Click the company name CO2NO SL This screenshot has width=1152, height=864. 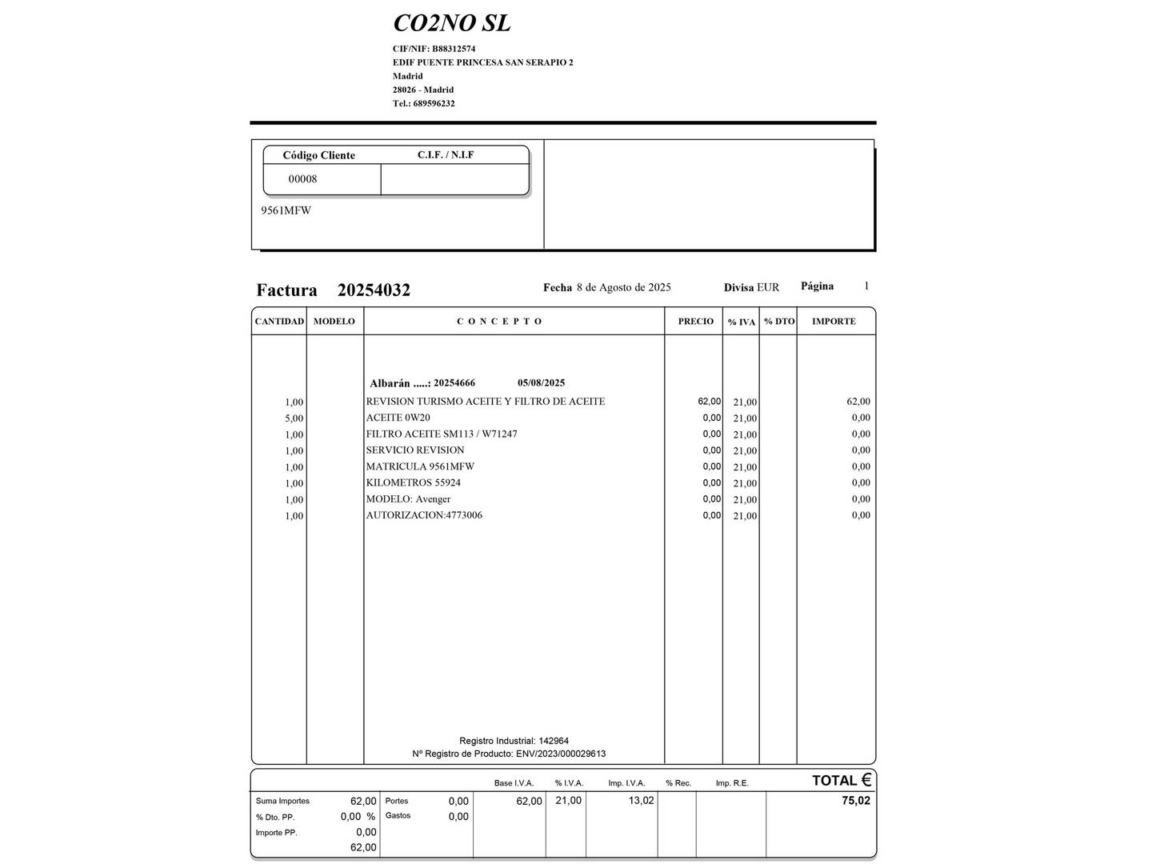[x=451, y=24]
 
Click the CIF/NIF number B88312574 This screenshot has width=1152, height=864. [x=454, y=49]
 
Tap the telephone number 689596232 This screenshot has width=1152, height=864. [x=434, y=103]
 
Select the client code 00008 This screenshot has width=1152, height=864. [x=302, y=179]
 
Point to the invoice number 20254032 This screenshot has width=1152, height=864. [x=374, y=290]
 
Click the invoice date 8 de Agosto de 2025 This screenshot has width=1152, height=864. [x=623, y=287]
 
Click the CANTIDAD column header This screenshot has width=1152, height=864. [x=279, y=322]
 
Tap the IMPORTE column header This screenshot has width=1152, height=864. [x=834, y=322]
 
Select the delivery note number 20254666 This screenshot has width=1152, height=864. [x=454, y=383]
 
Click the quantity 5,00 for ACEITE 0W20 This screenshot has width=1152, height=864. [x=294, y=418]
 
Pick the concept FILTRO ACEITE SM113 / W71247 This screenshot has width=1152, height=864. [x=442, y=434]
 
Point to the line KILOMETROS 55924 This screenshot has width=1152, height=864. [x=413, y=483]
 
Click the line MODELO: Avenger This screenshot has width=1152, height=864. [x=408, y=499]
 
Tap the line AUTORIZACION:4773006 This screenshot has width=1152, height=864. [x=424, y=515]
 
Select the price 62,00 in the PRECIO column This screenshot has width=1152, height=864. [x=709, y=402]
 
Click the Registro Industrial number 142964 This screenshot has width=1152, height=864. [x=554, y=742]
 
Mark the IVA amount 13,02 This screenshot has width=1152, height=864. [x=641, y=801]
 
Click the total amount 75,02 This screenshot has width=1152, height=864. [x=855, y=801]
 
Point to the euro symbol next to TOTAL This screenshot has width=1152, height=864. [x=866, y=780]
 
